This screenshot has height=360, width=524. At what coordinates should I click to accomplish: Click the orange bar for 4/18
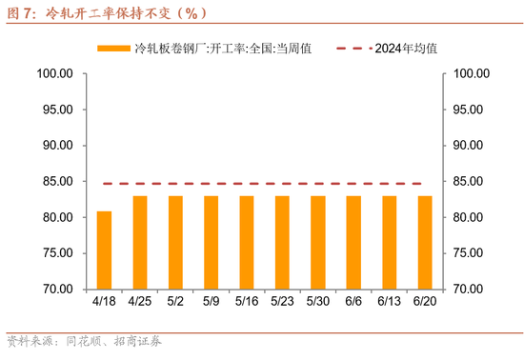click(104, 250)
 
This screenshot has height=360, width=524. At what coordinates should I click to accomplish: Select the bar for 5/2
click(175, 243)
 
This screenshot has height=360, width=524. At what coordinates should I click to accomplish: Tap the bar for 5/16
click(247, 243)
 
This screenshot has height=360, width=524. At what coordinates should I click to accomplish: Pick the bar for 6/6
click(353, 243)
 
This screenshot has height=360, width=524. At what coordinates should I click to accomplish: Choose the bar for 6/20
click(425, 243)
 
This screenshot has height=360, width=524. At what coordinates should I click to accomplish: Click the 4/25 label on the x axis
click(139, 302)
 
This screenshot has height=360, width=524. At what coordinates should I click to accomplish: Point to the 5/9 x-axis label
click(211, 302)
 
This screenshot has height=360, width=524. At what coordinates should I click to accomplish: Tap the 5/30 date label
click(317, 302)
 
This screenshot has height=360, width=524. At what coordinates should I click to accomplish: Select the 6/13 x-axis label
click(389, 302)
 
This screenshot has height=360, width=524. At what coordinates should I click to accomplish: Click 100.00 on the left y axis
click(55, 73)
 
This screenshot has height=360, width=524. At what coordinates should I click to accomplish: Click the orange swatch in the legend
click(113, 48)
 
